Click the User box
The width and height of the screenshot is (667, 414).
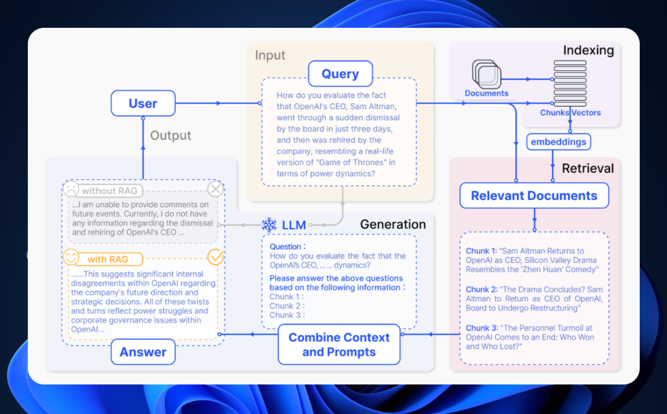[143, 103]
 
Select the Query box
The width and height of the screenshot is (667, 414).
[340, 74]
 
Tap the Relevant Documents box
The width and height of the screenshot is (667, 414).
[534, 196]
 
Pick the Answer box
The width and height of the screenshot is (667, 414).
[143, 352]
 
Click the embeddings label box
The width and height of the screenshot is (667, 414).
[558, 143]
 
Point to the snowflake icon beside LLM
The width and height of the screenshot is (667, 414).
[269, 225]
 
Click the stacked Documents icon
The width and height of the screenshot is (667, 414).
[487, 74]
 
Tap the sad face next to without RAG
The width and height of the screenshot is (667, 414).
[72, 189]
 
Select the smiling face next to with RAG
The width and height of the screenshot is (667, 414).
[72, 258]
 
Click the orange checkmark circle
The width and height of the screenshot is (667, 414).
[215, 257]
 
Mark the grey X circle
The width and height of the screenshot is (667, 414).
[215, 189]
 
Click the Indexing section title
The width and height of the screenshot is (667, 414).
[588, 51]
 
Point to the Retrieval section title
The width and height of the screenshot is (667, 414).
[587, 168]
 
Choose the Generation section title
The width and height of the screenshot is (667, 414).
[393, 225]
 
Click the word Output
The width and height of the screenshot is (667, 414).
[171, 136]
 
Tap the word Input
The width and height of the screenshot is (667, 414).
[271, 56]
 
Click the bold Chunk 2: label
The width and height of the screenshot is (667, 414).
[482, 289]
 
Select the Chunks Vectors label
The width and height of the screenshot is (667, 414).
[570, 113]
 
